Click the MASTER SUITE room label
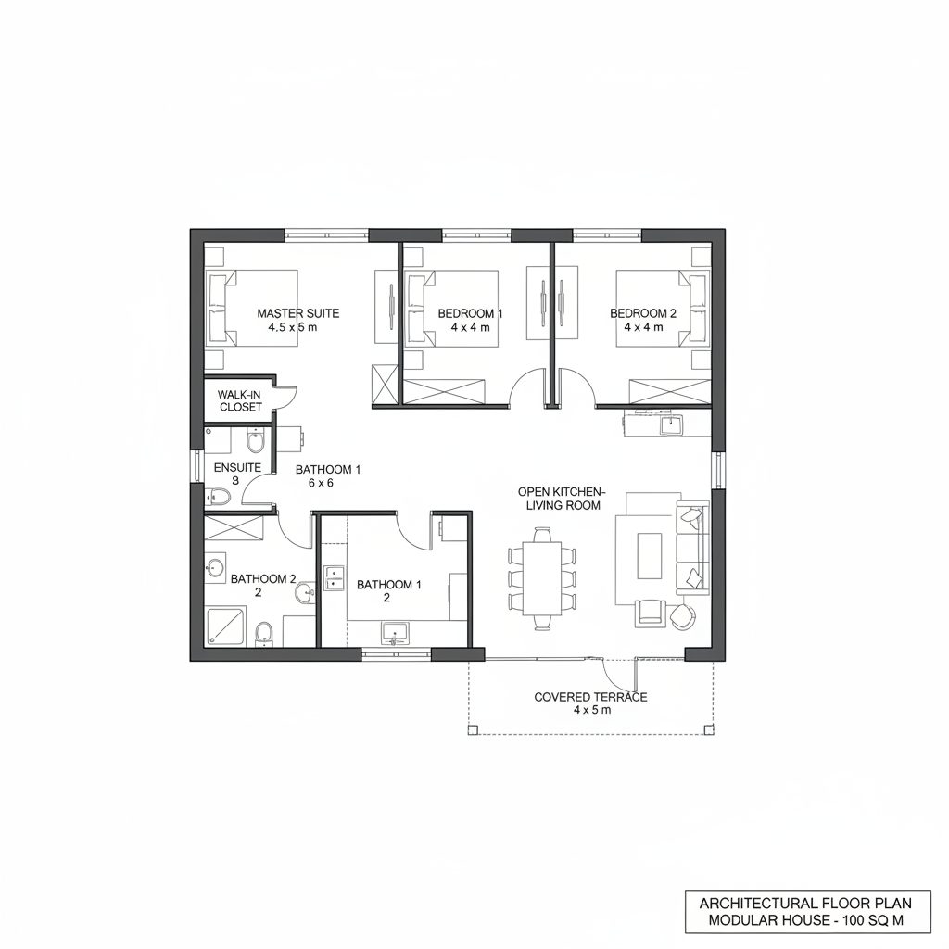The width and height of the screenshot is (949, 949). click(x=297, y=313)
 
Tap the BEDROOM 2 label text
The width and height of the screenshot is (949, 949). click(x=643, y=313)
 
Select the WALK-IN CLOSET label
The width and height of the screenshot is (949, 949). click(x=240, y=400)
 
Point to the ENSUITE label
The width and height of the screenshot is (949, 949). click(x=237, y=467)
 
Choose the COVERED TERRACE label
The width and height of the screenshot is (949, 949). click(x=590, y=697)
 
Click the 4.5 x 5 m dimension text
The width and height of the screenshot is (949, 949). click(x=293, y=327)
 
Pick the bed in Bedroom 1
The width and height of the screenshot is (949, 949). click(x=452, y=309)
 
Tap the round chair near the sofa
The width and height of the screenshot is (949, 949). click(x=686, y=616)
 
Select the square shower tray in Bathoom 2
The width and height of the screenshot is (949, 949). click(x=225, y=626)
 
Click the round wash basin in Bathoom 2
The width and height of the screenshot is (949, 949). click(x=216, y=567)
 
